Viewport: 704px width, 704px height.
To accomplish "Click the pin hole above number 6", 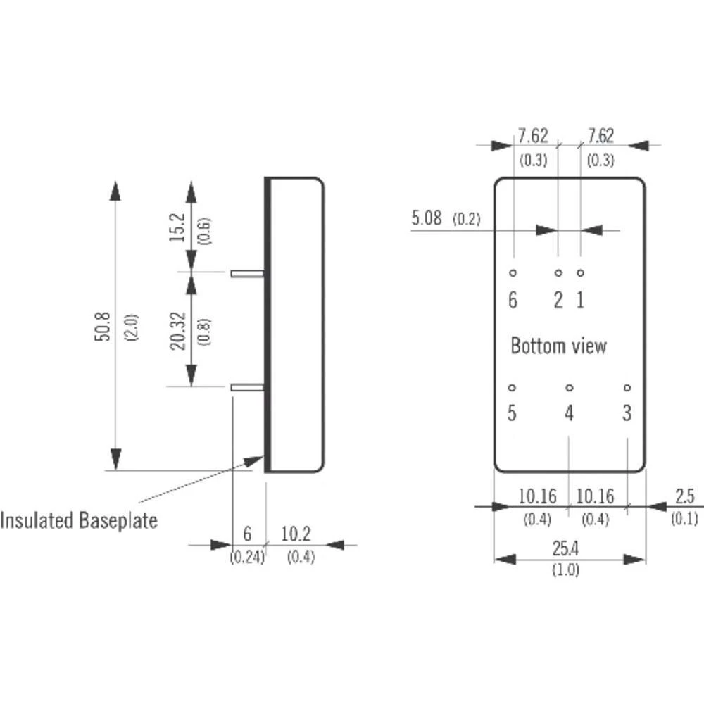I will pos(513,272).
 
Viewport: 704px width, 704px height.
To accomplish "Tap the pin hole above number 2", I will pos(558,272).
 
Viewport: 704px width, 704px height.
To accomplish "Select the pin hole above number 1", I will pos(581,272).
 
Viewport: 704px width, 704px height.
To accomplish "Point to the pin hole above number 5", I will pos(512,387).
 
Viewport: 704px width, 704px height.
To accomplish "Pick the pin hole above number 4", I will pos(570,387).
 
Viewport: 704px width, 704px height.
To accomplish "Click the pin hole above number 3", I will pos(627,387).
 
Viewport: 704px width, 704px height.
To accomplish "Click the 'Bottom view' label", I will pos(558,346).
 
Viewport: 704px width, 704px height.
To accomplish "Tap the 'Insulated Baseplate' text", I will pos(79,521).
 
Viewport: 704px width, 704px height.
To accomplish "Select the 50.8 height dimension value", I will pos(104,326).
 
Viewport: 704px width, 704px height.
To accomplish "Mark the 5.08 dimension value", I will pos(427,218).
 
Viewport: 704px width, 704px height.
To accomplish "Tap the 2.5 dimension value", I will pos(684,497).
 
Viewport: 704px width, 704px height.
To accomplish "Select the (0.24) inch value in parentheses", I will pos(246,557).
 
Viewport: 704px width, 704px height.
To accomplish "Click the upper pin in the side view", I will pos(247,272).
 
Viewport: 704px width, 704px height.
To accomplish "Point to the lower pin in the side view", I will pos(247,386).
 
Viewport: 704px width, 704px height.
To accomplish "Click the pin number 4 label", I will pos(570,414).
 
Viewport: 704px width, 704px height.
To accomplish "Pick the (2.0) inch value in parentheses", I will pos(132,327).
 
